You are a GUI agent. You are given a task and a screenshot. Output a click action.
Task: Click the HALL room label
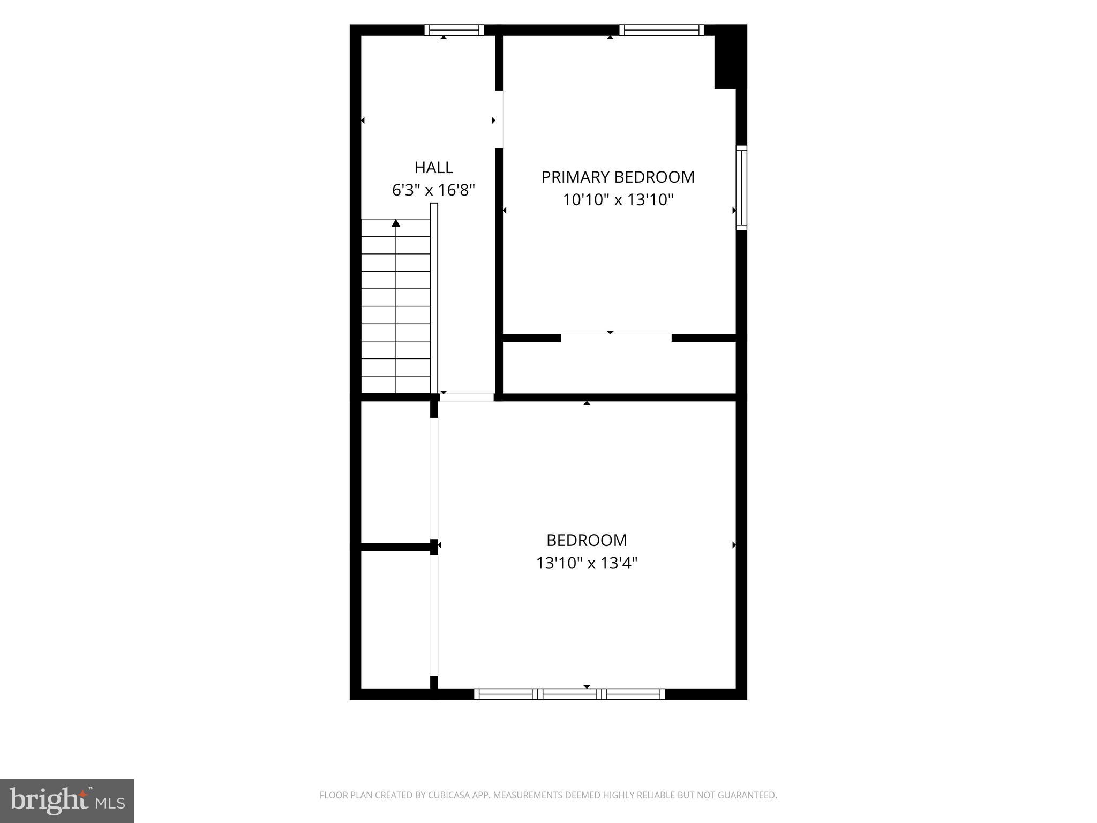(434, 168)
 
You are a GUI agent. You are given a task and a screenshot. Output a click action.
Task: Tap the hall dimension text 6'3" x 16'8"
(434, 190)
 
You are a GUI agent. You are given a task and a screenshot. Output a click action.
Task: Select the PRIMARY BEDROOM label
(618, 177)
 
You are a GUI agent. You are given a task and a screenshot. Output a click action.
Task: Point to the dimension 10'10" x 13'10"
(618, 200)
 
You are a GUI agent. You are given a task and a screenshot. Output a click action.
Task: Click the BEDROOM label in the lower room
(587, 540)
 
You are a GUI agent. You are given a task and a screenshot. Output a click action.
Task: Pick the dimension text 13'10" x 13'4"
(587, 563)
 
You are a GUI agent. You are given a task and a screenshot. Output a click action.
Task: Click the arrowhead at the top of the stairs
(396, 223)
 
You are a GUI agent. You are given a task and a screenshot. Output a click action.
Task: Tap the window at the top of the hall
(454, 30)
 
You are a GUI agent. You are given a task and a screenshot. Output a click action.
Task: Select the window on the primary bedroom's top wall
(662, 30)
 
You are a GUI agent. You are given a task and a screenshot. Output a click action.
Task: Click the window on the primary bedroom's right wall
(741, 188)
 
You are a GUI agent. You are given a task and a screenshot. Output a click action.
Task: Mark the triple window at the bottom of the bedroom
(569, 694)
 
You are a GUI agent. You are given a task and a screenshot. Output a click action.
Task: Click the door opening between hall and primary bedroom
(499, 119)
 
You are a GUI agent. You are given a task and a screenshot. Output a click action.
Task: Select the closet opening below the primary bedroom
(616, 338)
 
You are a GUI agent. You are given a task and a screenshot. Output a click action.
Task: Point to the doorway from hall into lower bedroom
(467, 397)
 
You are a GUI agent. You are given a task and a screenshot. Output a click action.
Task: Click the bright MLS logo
(67, 801)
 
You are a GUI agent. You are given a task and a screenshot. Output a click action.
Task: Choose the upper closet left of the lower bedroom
(396, 472)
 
